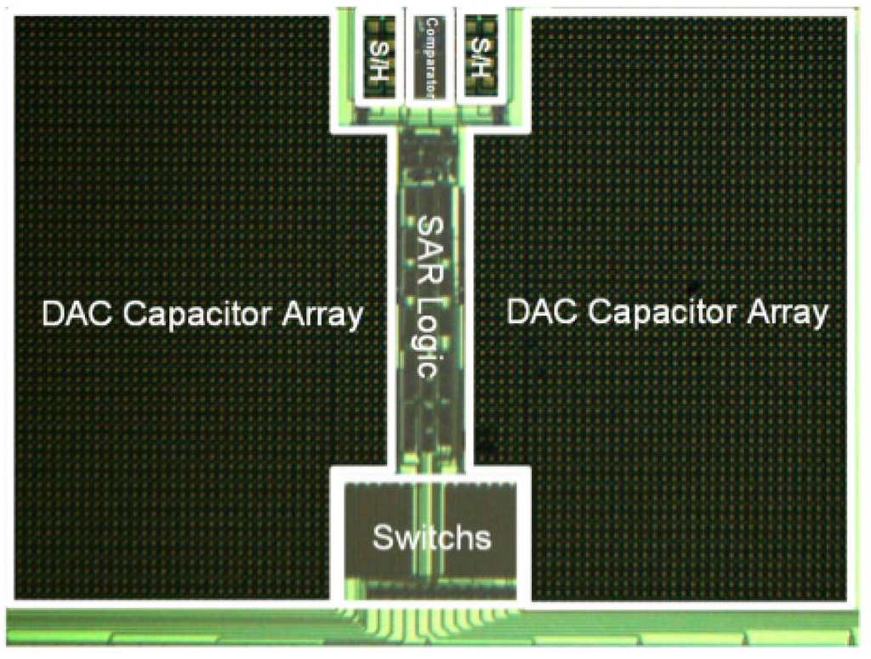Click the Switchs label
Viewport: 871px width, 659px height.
point(431,537)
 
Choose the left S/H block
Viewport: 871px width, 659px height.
point(376,57)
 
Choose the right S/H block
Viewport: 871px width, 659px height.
point(481,57)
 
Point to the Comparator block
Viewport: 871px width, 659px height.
point(430,57)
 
